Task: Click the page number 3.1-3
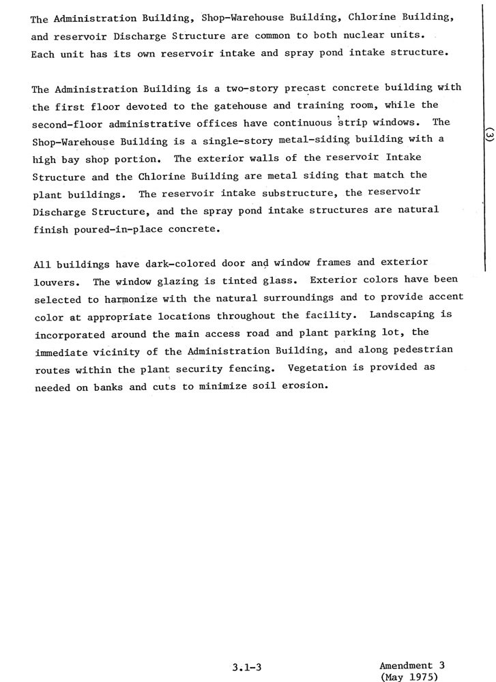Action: (246, 668)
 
